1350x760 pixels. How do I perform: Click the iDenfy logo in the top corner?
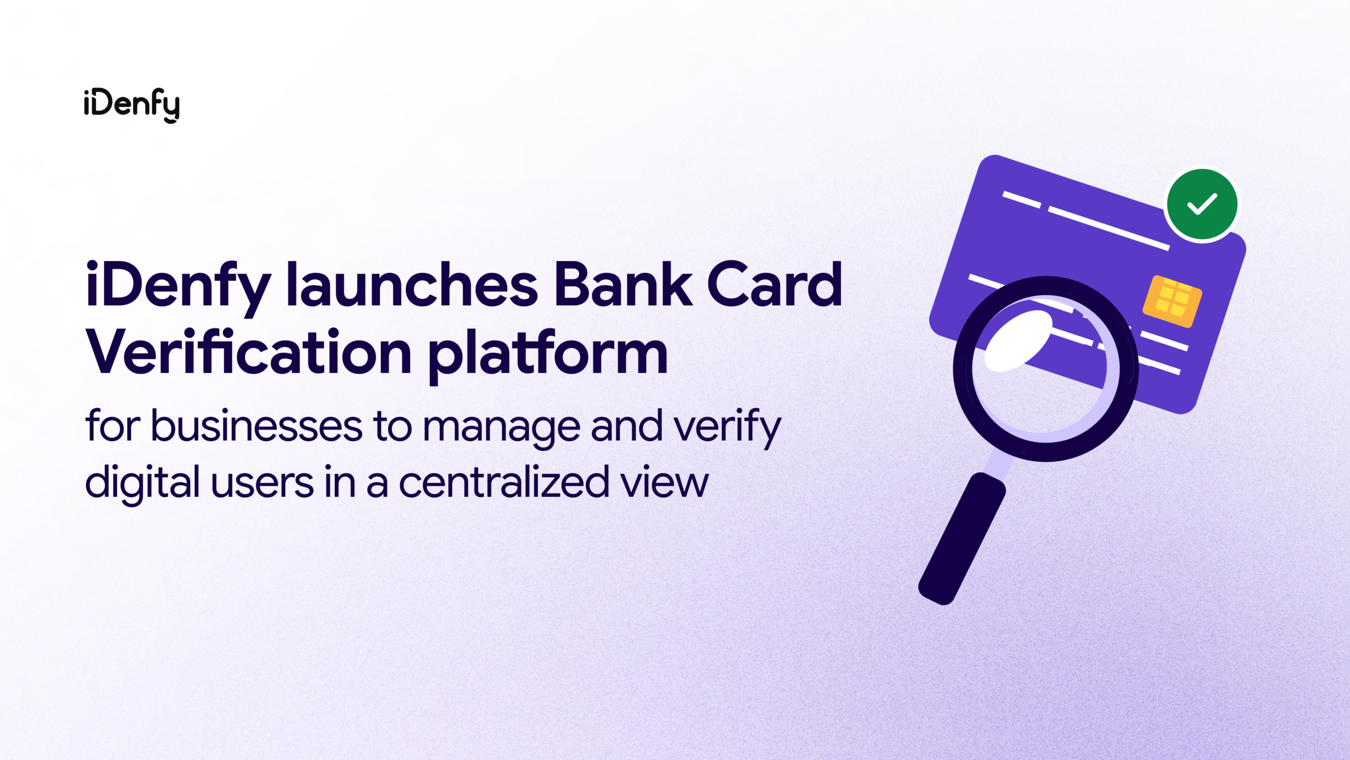tap(132, 105)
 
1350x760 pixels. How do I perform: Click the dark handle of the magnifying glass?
tap(962, 539)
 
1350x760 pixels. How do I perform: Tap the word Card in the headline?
tap(774, 284)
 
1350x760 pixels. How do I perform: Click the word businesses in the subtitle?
tap(257, 425)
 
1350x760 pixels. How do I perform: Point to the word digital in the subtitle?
tap(142, 483)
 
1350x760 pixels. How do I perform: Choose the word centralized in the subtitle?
tap(504, 482)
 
